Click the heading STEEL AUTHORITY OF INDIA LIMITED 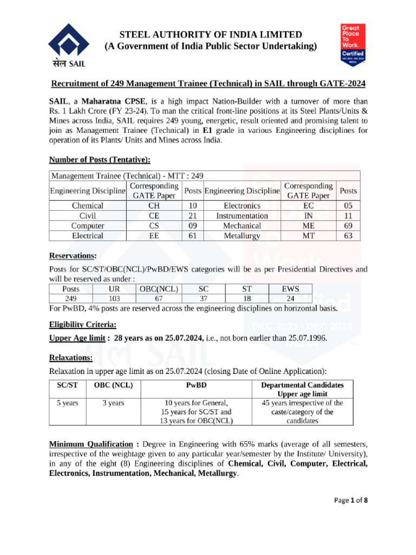tap(211, 35)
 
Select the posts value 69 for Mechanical tap(347, 225)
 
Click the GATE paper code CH tap(153, 206)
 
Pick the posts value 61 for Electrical tap(192, 236)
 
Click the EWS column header tap(290, 289)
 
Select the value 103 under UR tap(114, 299)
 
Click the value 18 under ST tap(246, 299)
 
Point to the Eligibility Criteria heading tap(83, 324)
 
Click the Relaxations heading tap(71, 358)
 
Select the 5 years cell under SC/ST tap(67, 403)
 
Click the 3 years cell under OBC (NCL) tap(113, 403)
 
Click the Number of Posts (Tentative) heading tap(100, 160)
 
